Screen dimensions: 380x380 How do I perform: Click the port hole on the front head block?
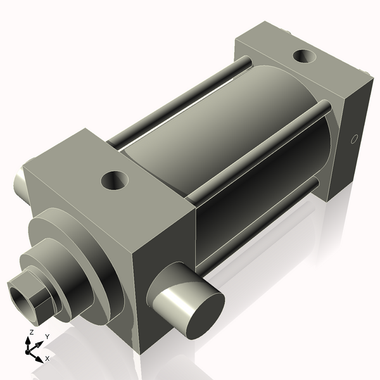[x=115, y=181]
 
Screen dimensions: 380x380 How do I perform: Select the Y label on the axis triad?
[x=47, y=336]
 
